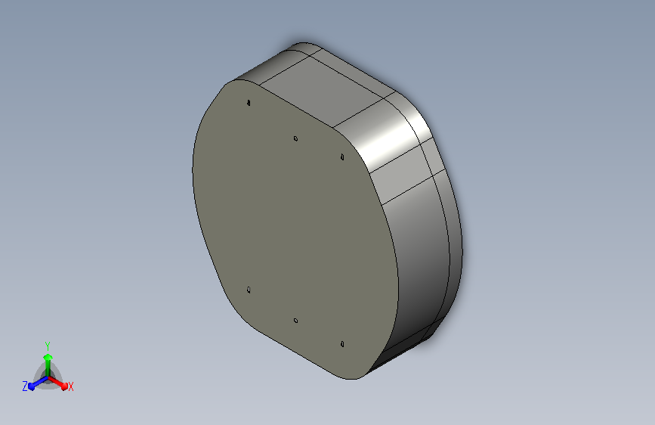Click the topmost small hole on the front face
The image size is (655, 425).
pos(249,103)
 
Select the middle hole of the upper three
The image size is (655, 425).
pos(295,138)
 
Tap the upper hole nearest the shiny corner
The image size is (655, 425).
pos(342,157)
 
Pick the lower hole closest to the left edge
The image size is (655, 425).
pos(249,290)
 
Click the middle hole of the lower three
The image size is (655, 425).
pos(295,321)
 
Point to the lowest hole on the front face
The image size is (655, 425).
pos(342,344)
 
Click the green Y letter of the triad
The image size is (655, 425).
pos(48,346)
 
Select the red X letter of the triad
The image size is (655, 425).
pos(70,387)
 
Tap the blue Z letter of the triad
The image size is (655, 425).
pos(25,386)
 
